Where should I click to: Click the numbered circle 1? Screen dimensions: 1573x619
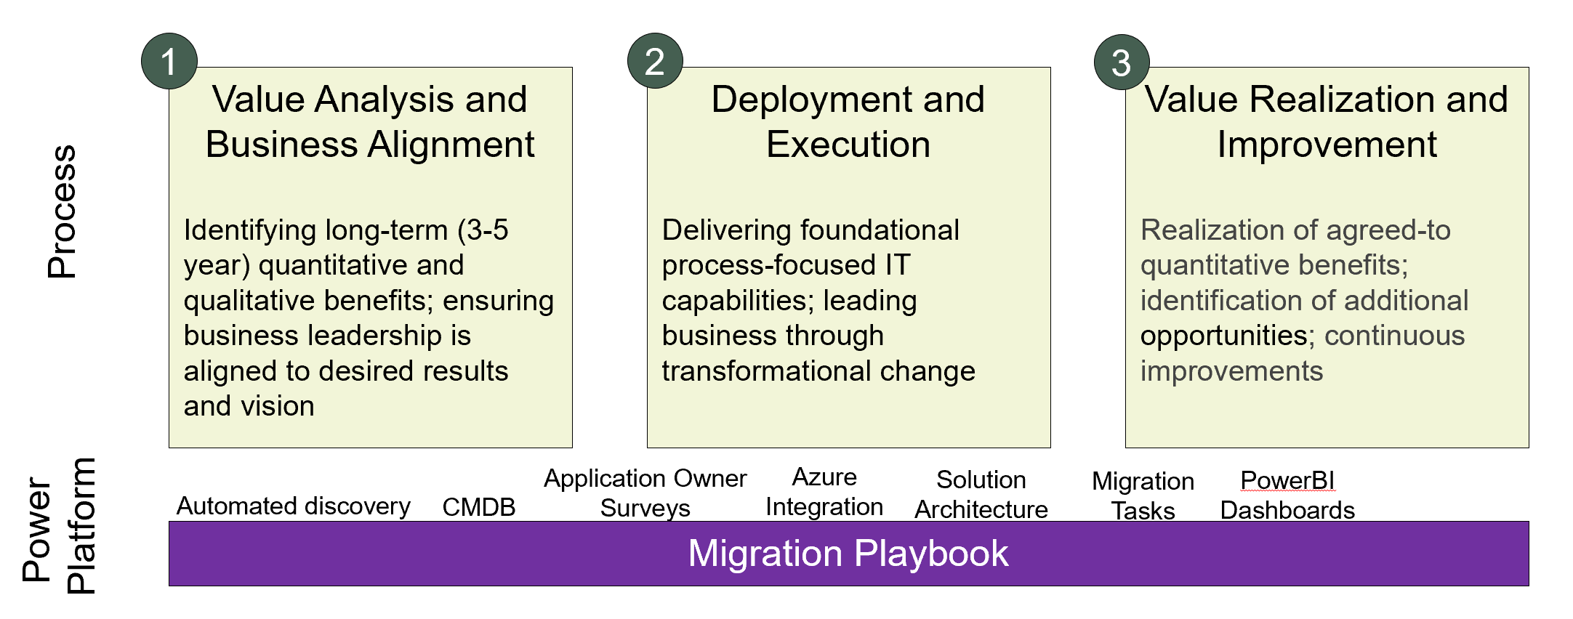coord(169,61)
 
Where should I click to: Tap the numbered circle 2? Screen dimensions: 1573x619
coord(655,61)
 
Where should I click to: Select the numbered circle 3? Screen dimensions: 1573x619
coord(1122,62)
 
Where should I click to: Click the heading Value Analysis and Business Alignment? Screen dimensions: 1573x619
coord(370,121)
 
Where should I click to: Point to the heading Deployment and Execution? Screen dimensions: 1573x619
coord(848,121)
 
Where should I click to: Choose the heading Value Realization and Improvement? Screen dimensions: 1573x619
coord(1327,121)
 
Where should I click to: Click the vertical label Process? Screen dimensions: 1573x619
coord(62,211)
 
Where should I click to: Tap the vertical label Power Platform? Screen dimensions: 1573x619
coord(59,526)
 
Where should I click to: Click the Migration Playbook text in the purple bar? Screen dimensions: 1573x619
coord(848,554)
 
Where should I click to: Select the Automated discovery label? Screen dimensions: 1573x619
coord(294,506)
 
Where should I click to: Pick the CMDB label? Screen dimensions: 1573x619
coord(479,507)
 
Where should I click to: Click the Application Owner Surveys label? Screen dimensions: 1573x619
coord(645,493)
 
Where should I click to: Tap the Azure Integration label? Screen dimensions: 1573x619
coord(824,492)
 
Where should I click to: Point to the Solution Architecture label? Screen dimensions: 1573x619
coord(981,495)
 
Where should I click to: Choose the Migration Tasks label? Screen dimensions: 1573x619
coord(1143,496)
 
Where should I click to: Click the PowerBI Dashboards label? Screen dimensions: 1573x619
coord(1287,495)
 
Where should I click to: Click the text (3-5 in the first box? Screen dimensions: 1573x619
coord(483,231)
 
